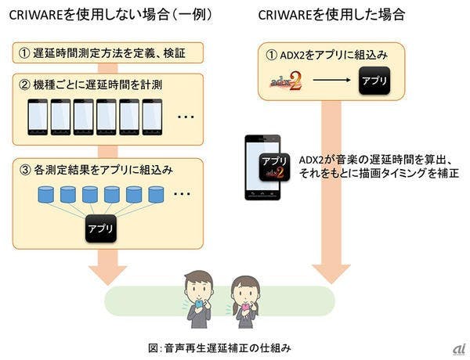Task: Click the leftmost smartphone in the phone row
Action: [38, 116]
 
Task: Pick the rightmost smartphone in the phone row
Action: [152, 116]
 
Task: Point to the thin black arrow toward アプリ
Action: [327, 81]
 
